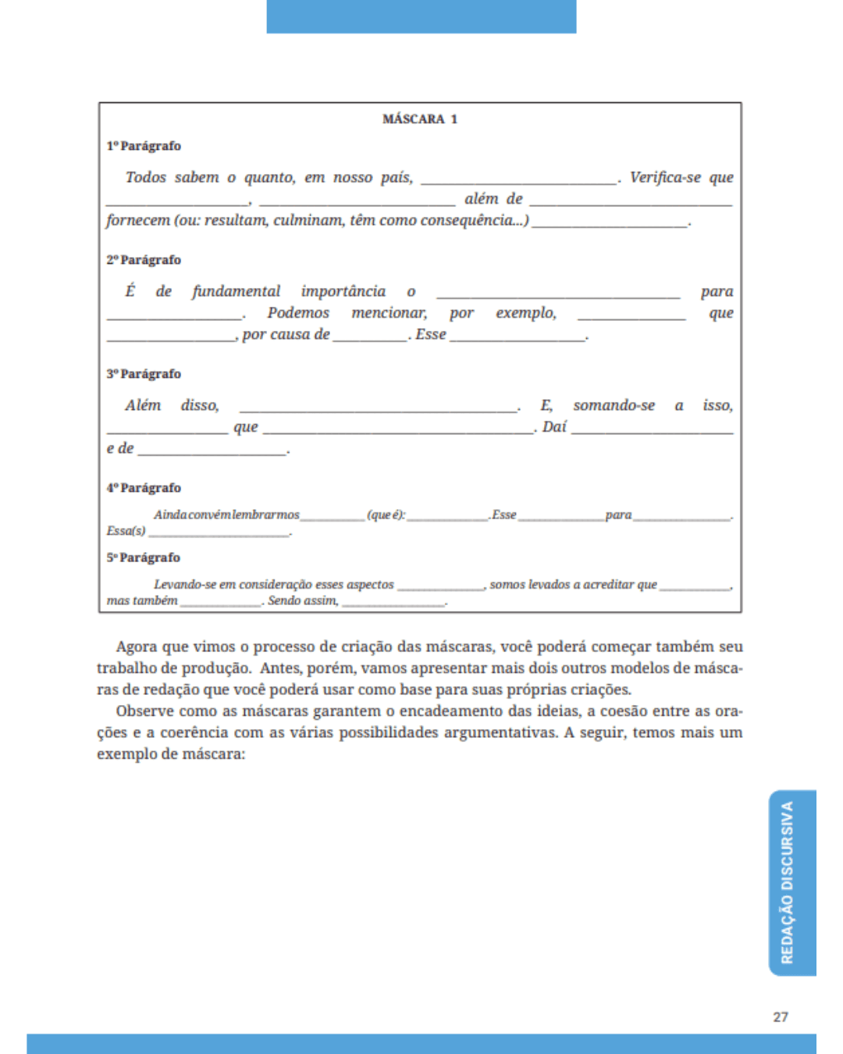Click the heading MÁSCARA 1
420,119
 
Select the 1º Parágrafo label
144,146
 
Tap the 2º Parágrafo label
144,260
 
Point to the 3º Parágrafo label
144,374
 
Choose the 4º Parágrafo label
144,488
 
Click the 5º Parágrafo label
144,557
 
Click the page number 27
781,1017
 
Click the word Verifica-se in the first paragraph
665,177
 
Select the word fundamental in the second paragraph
236,291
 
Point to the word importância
343,291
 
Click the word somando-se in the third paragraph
614,405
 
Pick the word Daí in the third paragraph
554,427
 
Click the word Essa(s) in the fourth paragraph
126,531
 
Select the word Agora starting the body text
137,646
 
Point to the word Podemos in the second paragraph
298,313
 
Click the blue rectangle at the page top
421,16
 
